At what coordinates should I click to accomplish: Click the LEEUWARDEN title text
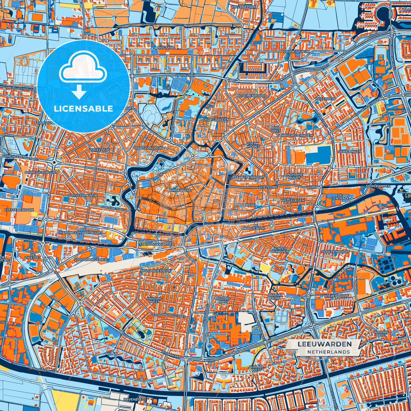325,344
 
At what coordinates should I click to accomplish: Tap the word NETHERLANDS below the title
328,352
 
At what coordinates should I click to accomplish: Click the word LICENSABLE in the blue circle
84,108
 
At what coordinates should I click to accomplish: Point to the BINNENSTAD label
180,190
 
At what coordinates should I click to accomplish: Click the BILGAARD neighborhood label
166,48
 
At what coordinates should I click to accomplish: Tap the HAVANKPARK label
244,6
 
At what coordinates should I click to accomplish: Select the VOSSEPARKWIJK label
83,195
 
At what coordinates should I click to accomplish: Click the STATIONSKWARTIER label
156,244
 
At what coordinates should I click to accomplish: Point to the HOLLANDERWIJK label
156,271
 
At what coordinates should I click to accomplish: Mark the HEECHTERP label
326,99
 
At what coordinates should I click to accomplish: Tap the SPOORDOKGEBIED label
90,260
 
